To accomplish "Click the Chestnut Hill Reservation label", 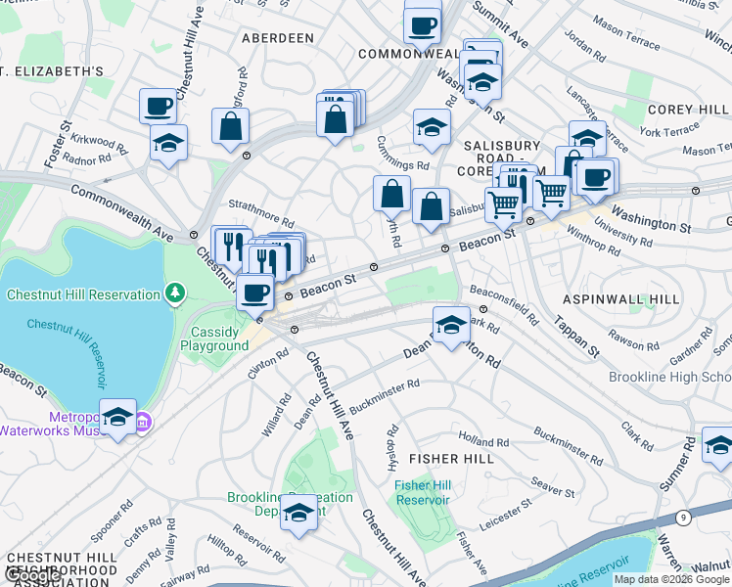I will pos(82,294).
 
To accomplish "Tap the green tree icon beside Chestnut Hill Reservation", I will pos(174,293).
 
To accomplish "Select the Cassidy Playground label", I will pos(219,339).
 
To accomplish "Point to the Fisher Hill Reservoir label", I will pos(422,492).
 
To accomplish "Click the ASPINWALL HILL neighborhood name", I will pos(619,296).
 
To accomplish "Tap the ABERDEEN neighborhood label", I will pos(278,38).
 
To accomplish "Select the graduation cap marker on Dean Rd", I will pos(450,325).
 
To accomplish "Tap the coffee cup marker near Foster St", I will pos(158,106).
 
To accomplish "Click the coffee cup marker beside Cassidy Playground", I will pos(255,292).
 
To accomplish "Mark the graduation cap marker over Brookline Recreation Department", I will pos(298,511).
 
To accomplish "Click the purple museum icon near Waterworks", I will pos(143,423).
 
